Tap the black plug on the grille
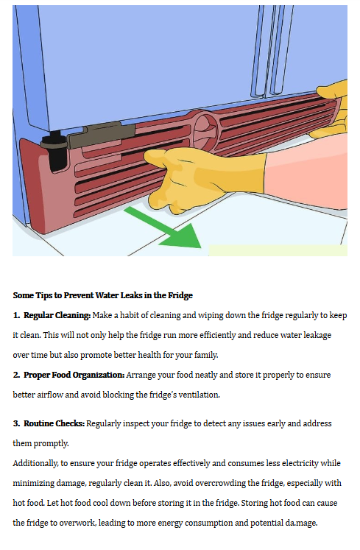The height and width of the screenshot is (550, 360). point(54,151)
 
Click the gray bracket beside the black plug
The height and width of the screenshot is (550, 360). point(101,135)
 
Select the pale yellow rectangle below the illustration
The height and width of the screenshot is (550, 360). point(278,250)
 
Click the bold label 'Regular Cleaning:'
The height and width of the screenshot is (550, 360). point(57,315)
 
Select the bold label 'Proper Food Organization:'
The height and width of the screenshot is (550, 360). point(74,375)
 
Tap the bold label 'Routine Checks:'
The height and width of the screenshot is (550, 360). point(54,423)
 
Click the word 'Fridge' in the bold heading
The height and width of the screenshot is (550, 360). point(180,295)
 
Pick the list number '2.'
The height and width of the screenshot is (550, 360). point(16,375)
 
